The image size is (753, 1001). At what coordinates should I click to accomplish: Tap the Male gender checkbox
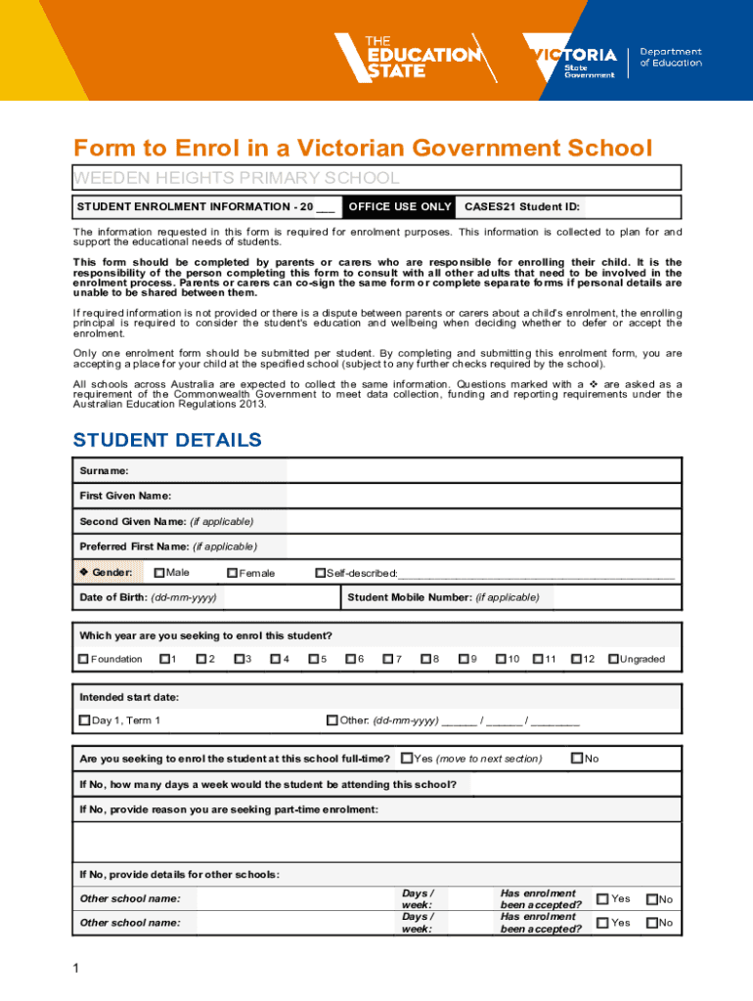click(159, 573)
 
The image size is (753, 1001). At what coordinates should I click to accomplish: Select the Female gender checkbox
click(233, 573)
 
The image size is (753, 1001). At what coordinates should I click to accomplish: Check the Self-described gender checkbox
click(320, 573)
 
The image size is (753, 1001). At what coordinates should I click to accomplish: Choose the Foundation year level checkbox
click(84, 659)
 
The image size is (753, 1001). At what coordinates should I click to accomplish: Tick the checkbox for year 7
click(388, 659)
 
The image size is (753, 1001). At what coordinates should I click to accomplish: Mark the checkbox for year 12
click(576, 659)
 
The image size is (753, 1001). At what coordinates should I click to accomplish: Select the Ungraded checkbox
click(613, 659)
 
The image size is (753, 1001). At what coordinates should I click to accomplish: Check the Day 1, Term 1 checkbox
click(84, 721)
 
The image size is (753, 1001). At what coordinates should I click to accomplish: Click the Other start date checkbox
click(332, 721)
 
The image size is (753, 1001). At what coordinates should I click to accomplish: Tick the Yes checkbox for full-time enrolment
click(407, 758)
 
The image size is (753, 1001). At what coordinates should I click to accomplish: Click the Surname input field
click(483, 471)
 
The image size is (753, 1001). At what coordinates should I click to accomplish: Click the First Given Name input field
click(483, 496)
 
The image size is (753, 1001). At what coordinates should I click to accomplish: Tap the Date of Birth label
click(148, 597)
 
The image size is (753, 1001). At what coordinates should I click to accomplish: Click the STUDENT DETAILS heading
click(167, 440)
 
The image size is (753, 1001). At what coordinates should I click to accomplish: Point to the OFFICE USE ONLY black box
click(400, 207)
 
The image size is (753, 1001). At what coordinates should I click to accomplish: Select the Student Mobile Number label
click(443, 597)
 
